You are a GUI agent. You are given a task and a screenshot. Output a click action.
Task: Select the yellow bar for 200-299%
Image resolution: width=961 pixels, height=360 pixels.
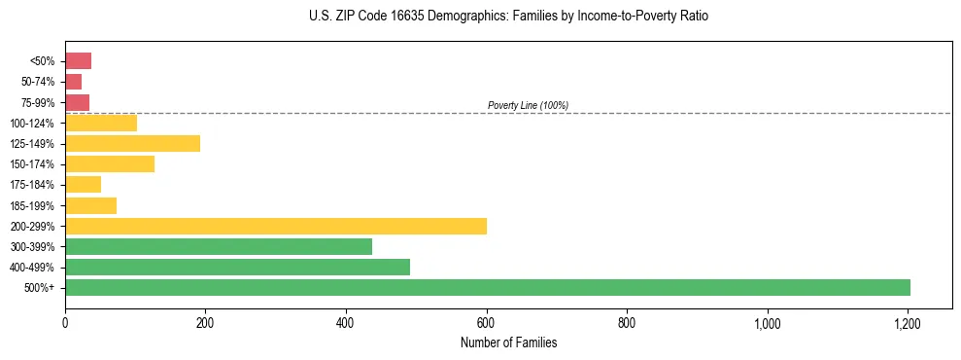pyautogui.click(x=276, y=226)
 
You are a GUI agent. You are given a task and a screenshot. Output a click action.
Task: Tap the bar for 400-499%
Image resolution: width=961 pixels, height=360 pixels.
pyautogui.click(x=237, y=267)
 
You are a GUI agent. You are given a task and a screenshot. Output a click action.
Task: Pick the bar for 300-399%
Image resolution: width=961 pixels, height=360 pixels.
pyautogui.click(x=219, y=246)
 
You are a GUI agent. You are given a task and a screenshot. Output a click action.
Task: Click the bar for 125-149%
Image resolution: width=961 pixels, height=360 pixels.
pyautogui.click(x=132, y=143)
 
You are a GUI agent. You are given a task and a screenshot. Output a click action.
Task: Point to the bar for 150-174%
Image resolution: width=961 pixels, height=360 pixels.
pyautogui.click(x=110, y=163)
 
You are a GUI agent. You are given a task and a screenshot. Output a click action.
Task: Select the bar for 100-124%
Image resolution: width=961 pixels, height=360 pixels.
pyautogui.click(x=101, y=123)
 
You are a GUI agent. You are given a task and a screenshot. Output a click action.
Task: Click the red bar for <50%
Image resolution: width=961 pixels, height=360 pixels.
pyautogui.click(x=78, y=61)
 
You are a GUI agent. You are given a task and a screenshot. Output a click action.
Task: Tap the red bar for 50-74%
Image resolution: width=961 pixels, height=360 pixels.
pyautogui.click(x=74, y=82)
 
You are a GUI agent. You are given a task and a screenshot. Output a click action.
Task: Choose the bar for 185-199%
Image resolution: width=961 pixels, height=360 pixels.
pyautogui.click(x=90, y=205)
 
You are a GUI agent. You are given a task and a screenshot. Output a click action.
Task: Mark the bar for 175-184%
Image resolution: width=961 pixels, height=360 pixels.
pyautogui.click(x=83, y=185)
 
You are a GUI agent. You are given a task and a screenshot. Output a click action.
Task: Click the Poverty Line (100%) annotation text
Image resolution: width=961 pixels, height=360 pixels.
pyautogui.click(x=528, y=105)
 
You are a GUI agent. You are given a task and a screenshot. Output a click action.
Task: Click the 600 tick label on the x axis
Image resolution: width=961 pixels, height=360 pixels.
pyautogui.click(x=487, y=323)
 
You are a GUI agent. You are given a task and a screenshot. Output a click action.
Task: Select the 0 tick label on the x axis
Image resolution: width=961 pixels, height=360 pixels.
pyautogui.click(x=65, y=323)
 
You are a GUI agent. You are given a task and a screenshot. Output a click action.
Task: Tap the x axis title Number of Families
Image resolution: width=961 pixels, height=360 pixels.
pyautogui.click(x=508, y=342)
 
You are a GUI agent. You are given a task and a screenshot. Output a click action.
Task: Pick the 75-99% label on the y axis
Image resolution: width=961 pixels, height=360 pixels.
pyautogui.click(x=38, y=102)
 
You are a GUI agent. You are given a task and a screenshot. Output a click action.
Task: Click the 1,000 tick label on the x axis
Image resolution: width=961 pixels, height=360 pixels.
pyautogui.click(x=768, y=323)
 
